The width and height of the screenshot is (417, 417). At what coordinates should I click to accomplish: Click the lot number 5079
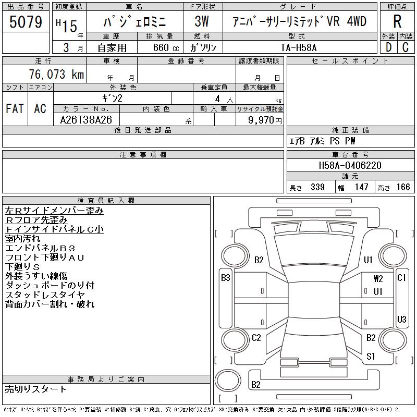(x=26, y=22)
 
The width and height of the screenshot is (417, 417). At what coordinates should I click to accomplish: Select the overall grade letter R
(x=397, y=22)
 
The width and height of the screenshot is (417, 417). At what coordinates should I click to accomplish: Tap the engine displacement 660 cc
(x=160, y=47)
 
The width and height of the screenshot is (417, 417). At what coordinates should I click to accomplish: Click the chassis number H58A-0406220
(x=350, y=166)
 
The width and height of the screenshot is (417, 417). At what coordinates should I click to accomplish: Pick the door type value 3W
(x=201, y=22)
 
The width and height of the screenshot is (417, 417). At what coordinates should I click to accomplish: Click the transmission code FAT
(x=15, y=109)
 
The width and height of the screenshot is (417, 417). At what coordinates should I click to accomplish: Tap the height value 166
(x=403, y=187)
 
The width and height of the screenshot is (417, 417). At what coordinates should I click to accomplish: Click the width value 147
(x=361, y=187)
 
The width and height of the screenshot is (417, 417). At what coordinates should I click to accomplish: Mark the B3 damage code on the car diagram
(x=225, y=278)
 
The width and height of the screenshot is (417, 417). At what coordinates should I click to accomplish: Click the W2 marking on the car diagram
(x=378, y=279)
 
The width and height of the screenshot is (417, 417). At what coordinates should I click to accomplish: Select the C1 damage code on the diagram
(x=401, y=278)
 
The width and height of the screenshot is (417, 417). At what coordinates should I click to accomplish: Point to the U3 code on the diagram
(x=401, y=319)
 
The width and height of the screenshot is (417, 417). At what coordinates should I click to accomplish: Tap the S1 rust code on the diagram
(x=371, y=357)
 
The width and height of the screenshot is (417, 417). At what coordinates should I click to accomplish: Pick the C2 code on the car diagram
(x=256, y=338)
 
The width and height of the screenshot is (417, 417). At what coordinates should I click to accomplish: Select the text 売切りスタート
(x=36, y=389)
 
